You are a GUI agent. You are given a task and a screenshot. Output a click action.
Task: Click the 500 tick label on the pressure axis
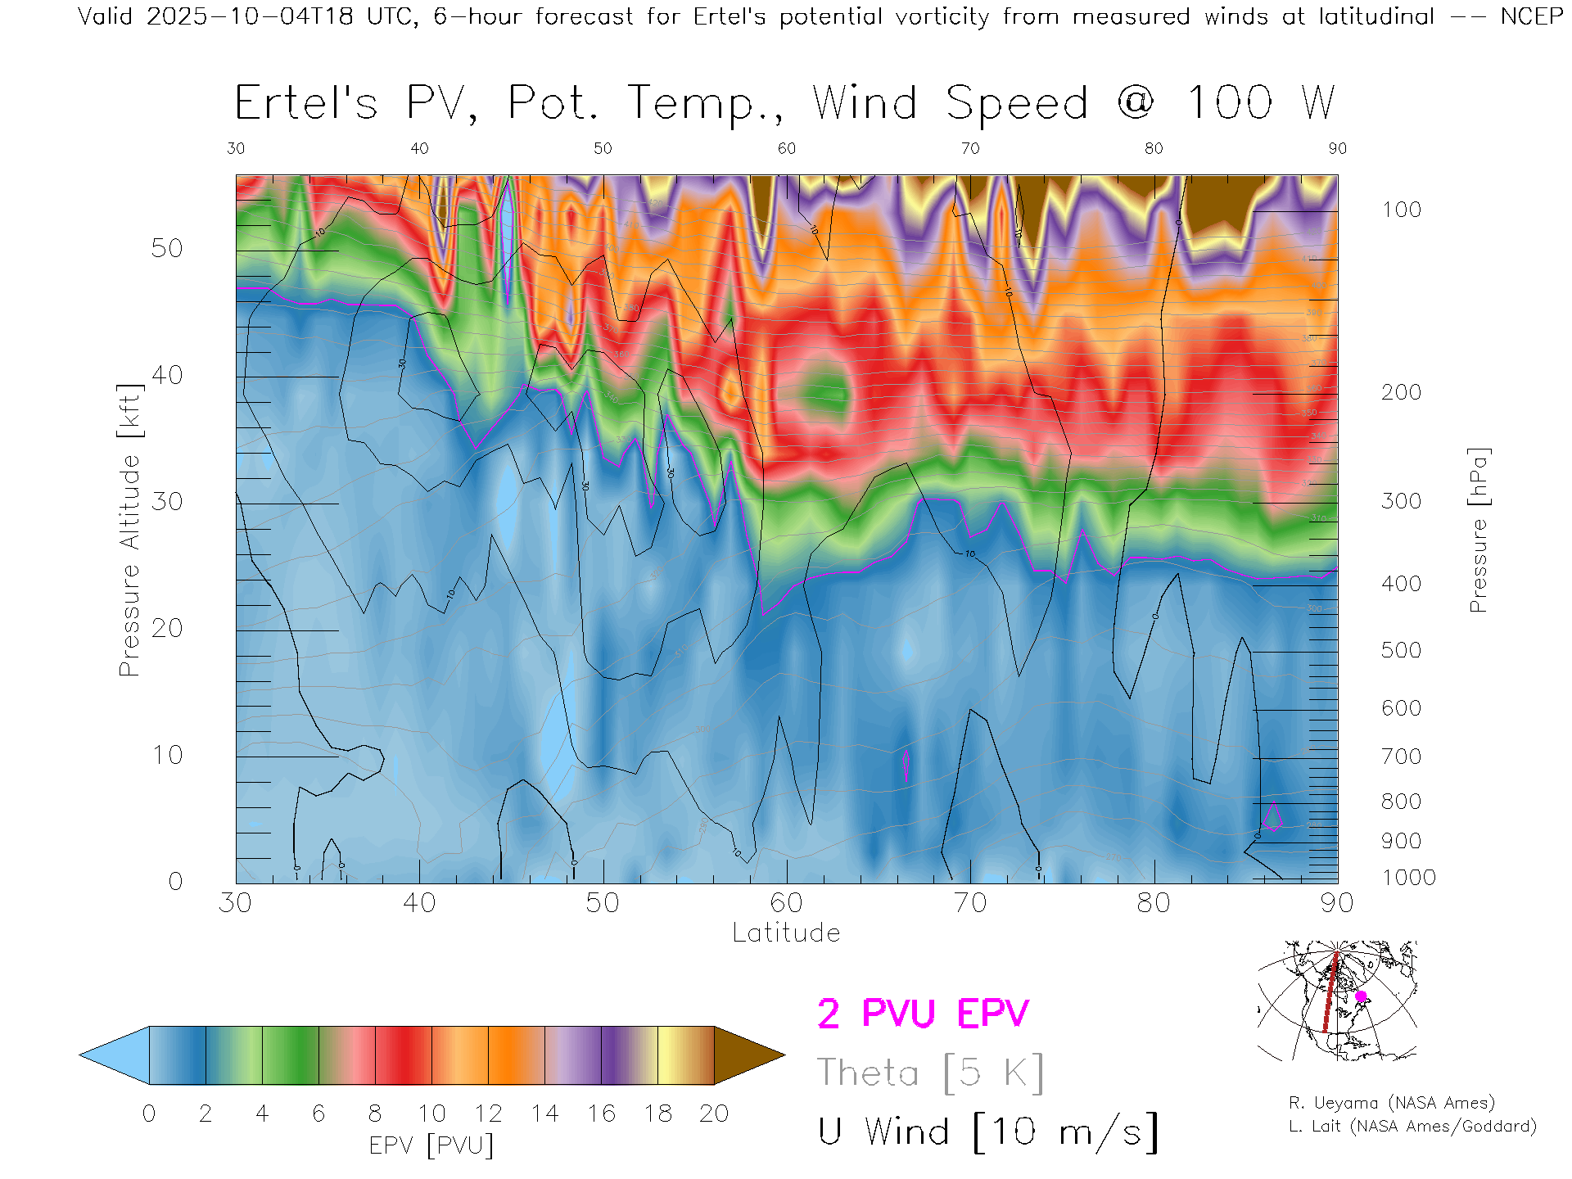click(x=1401, y=650)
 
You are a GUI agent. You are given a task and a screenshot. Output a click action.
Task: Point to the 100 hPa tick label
click(x=1401, y=210)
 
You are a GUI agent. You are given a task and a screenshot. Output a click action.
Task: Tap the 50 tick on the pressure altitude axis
click(x=167, y=248)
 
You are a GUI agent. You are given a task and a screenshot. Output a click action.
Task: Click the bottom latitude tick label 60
click(x=786, y=902)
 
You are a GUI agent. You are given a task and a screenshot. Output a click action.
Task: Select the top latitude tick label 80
click(x=1153, y=148)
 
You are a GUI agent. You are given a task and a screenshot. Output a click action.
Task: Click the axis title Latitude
click(x=786, y=933)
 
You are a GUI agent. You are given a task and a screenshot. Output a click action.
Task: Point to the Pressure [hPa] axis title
click(x=1478, y=530)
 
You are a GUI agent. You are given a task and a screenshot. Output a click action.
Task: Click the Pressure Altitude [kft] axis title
click(x=129, y=530)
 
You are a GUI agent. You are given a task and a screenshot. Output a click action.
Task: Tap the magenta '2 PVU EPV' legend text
click(x=923, y=1014)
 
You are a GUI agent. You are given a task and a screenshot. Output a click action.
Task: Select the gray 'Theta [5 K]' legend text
click(x=930, y=1073)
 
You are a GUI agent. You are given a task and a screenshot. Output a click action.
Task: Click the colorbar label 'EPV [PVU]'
click(x=431, y=1145)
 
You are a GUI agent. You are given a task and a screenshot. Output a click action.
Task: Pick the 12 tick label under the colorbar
click(x=488, y=1113)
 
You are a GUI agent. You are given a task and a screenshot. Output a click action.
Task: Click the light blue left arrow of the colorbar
click(x=115, y=1055)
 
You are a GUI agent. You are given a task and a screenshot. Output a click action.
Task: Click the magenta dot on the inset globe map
click(x=1361, y=996)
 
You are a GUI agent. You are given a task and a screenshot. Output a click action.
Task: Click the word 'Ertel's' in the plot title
click(x=306, y=104)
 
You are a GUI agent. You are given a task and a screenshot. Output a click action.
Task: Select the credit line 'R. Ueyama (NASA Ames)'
click(x=1391, y=1103)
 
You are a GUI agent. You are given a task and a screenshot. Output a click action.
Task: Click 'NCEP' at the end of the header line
click(x=1531, y=16)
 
